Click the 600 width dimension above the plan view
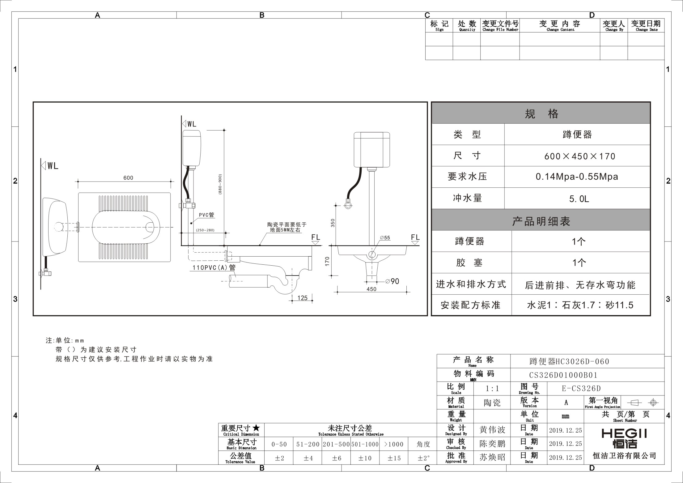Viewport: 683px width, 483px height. coord(128,178)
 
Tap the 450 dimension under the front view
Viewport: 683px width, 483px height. coord(371,289)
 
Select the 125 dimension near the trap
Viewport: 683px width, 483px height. coord(303,298)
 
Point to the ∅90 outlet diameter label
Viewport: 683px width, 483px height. coord(392,281)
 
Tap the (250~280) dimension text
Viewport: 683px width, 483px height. coord(205,230)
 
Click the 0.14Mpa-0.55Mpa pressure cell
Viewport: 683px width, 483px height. coord(577,177)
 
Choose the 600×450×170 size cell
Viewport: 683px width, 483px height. coord(580,156)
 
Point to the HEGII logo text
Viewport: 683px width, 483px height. coord(624,434)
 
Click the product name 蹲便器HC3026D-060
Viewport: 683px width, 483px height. coord(569,361)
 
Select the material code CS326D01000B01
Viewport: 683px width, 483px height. coord(563,375)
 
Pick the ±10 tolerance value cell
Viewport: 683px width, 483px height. coord(365,458)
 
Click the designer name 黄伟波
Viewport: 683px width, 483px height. coord(492,430)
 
